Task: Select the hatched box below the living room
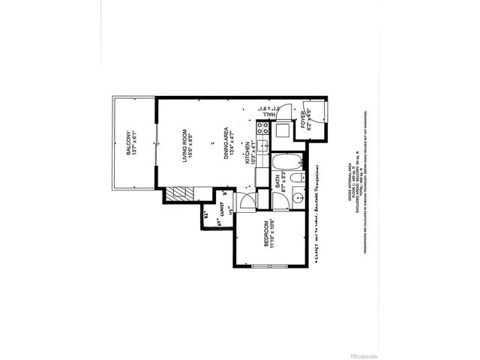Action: coord(178,194)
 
